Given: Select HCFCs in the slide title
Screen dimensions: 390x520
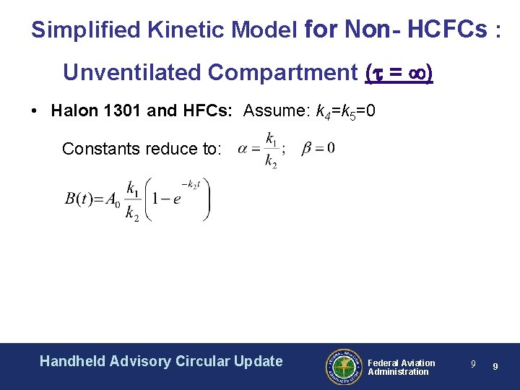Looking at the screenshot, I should pyautogui.click(x=447, y=30).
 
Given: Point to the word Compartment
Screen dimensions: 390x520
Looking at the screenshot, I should pyautogui.click(x=282, y=73).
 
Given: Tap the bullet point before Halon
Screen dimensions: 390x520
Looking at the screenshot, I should pyautogui.click(x=35, y=111).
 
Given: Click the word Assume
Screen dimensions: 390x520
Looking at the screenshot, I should pyautogui.click(x=274, y=111).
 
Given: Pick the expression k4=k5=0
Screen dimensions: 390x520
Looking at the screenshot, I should pyautogui.click(x=350, y=112).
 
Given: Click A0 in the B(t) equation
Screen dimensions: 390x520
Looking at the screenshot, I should pyautogui.click(x=113, y=201).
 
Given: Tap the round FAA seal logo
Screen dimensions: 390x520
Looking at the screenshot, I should pyautogui.click(x=342, y=367).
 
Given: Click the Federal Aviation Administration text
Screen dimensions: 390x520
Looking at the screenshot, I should pyautogui.click(x=401, y=367).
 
